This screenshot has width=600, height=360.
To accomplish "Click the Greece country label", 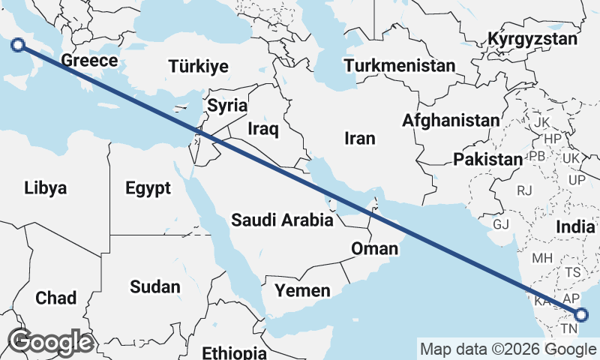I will coord(89,61).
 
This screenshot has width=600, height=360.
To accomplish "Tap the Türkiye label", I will coord(198,67).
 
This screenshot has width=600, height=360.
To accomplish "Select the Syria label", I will coord(227,106).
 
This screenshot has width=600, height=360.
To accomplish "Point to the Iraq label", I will coord(263,130).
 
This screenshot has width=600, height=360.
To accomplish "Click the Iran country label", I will coord(359,138).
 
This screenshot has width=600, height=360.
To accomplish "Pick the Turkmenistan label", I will coord(400,65).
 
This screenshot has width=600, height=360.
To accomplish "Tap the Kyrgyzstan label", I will coord(532,39).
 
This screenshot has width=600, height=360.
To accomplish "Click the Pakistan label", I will coord(487,159).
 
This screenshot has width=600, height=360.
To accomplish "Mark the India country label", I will coord(575,226).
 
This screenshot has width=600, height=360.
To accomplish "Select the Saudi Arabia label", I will coord(282,220).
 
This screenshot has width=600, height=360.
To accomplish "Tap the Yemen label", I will coord(301,290).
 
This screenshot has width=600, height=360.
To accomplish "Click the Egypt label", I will coord(149,187).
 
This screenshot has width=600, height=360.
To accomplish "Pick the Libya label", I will coord(46,187).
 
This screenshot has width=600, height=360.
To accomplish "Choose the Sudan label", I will coord(155,286).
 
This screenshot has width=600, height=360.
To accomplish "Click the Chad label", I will coord(55,298).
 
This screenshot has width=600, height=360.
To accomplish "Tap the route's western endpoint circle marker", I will coord(19,46).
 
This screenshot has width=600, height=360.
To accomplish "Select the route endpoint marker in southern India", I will coord(582,316).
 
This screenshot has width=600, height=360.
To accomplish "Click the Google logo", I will coord(49,342).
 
